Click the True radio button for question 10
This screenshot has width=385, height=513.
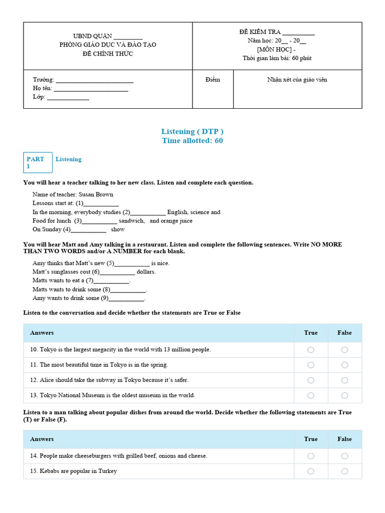click(311, 350)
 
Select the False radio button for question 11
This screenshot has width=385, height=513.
click(344, 365)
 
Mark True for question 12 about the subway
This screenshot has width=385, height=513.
click(311, 380)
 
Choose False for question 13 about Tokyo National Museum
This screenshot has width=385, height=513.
click(344, 395)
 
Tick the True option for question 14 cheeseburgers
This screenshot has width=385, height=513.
click(311, 456)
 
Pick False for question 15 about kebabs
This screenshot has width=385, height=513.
click(344, 471)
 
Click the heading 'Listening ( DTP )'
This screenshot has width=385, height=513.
click(192, 131)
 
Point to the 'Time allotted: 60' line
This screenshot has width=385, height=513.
click(192, 141)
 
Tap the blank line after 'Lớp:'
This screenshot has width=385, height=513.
click(68, 97)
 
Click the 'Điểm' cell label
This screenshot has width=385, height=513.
click(213, 80)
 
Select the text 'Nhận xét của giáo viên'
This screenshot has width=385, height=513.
click(297, 80)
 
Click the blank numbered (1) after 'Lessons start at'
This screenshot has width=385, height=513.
click(101, 203)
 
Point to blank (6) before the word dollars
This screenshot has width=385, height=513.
click(117, 272)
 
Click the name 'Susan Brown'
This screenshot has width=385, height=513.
click(96, 194)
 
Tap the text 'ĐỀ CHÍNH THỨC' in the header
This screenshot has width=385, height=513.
click(108, 54)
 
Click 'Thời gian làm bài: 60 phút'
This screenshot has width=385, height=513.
click(277, 58)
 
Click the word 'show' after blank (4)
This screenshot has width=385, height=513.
click(118, 229)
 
